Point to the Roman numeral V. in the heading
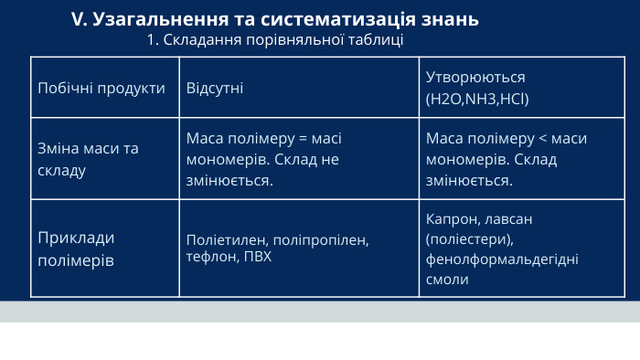click(80, 19)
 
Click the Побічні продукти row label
click(101, 88)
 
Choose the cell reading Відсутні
click(215, 88)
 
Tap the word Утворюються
click(475, 78)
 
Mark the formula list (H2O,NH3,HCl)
click(477, 98)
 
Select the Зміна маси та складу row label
click(88, 158)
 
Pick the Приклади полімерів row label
click(76, 249)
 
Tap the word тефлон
click(208, 257)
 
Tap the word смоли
click(447, 280)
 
